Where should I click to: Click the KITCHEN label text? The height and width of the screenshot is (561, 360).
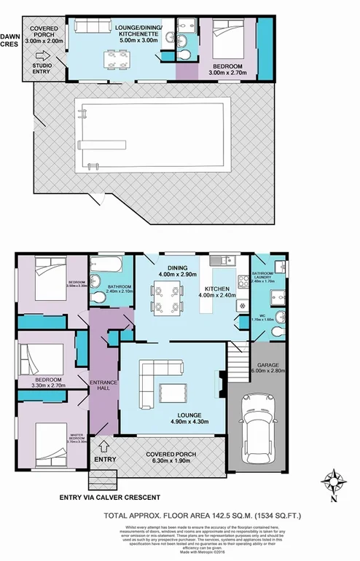[217, 289]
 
